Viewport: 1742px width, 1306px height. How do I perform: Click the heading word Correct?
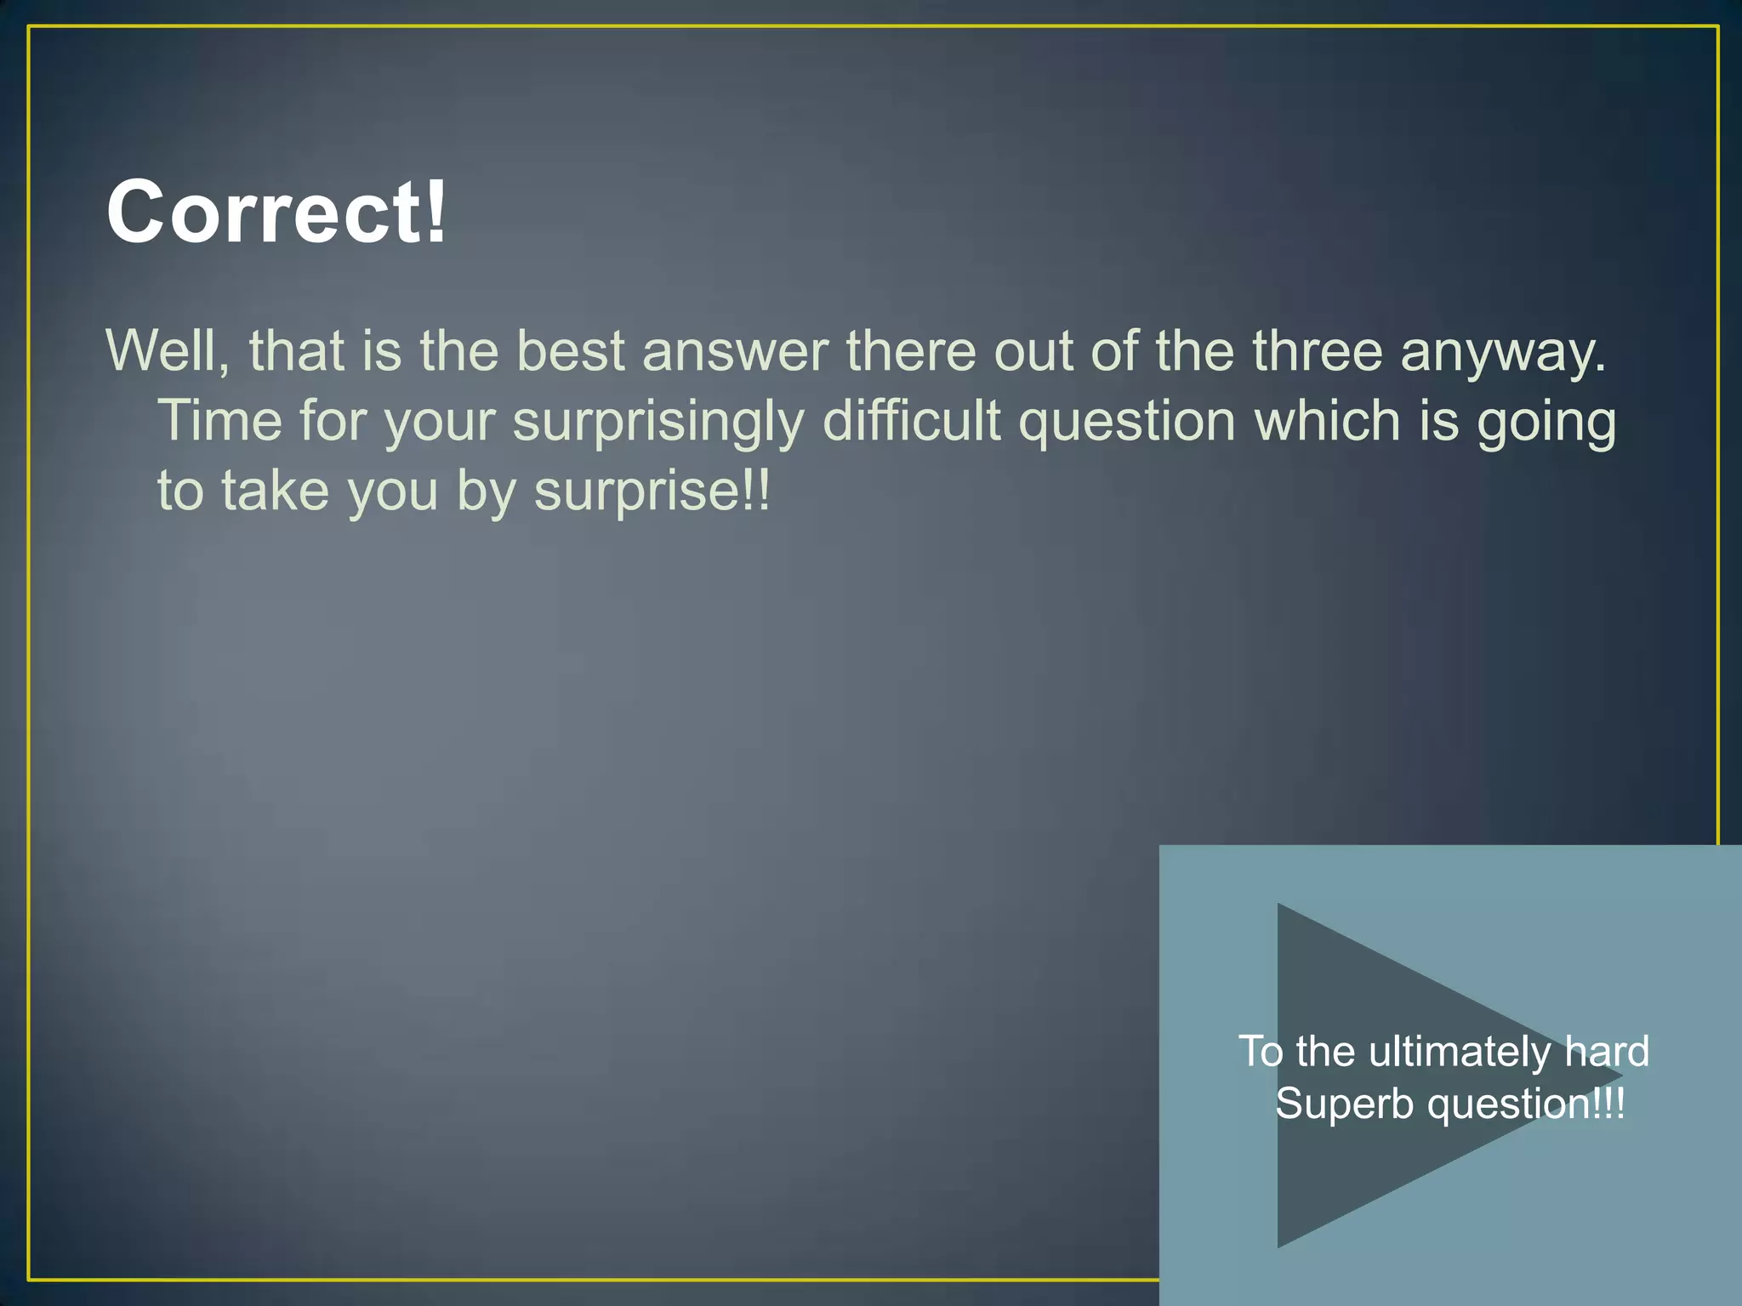coord(276,212)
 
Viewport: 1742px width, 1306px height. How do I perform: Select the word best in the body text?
coord(571,350)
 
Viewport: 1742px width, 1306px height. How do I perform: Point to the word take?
coord(275,491)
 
